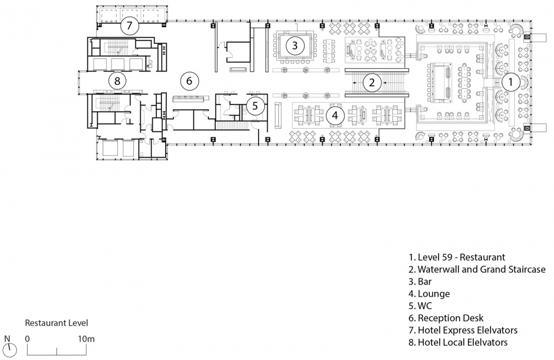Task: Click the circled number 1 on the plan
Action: click(x=510, y=82)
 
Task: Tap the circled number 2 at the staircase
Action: click(x=371, y=82)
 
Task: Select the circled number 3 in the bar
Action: click(x=295, y=45)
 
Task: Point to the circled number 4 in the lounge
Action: click(x=335, y=115)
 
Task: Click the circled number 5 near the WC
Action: click(x=255, y=106)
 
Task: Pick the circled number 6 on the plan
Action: click(x=189, y=81)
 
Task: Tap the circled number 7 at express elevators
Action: click(x=129, y=25)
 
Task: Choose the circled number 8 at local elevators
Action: click(x=117, y=81)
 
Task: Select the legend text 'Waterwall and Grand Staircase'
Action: click(x=481, y=269)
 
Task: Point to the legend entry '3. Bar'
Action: click(x=420, y=282)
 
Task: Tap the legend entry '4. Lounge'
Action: click(x=429, y=294)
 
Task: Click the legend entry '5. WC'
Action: click(x=420, y=306)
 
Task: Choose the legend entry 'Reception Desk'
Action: click(x=451, y=318)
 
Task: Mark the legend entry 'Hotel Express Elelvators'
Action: click(x=467, y=331)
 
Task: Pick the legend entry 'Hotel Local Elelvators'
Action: click(x=462, y=342)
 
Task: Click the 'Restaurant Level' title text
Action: click(x=57, y=323)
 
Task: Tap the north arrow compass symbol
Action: click(x=11, y=350)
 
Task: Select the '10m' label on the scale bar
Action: click(x=86, y=339)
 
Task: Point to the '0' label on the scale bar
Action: click(x=28, y=339)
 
